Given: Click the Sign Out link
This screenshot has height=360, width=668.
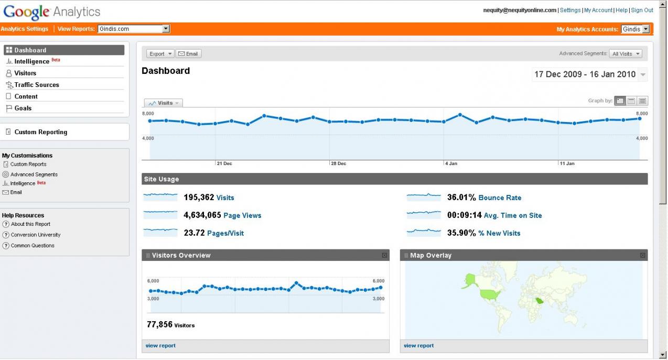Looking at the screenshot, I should (642, 10).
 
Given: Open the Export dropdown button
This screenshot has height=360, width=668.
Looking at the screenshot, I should (160, 54).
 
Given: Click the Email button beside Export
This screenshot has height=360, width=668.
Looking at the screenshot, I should (188, 54).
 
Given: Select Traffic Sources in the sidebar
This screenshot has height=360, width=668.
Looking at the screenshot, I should (37, 85).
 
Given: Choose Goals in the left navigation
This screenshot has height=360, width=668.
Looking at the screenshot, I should (23, 108).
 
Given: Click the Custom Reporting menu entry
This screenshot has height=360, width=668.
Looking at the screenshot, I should (40, 132).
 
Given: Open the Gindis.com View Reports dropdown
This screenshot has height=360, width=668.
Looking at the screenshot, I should (134, 29).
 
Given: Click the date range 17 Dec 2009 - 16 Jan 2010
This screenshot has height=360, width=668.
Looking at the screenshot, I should (585, 74).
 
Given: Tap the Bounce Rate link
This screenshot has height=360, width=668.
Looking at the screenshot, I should (500, 198).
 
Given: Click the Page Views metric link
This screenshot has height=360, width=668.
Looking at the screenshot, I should (242, 215).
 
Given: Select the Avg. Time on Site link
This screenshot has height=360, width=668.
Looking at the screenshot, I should (513, 215).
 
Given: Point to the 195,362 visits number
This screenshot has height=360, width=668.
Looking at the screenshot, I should (199, 198).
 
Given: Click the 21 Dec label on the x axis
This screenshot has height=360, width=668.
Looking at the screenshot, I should (224, 163).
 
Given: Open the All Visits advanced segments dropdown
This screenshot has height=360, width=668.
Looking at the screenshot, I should (627, 54).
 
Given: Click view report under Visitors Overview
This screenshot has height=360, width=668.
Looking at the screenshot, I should (160, 346).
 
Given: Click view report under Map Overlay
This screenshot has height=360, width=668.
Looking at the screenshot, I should (418, 346).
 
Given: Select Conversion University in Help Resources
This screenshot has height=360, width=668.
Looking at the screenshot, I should (36, 235).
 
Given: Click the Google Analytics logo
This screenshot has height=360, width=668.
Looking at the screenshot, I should (51, 12).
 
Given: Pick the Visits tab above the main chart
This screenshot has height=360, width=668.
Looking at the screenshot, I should (164, 103).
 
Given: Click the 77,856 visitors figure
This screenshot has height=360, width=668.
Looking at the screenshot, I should (159, 325).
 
